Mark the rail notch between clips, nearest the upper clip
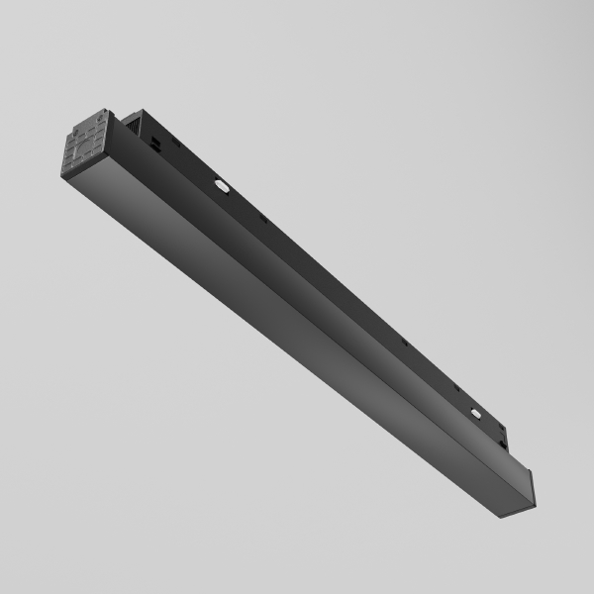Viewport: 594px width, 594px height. [x=264, y=219]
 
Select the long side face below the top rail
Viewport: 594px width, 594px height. [x=317, y=297]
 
